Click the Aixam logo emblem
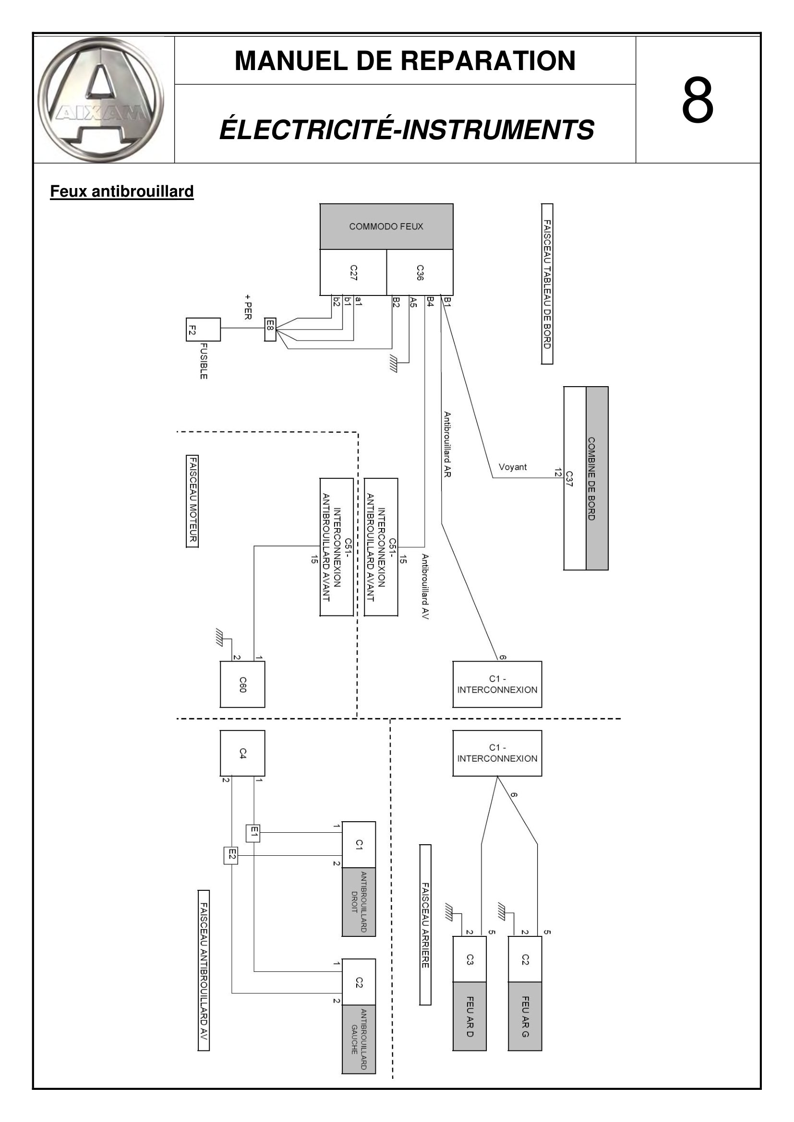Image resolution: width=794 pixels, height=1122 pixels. click(101, 100)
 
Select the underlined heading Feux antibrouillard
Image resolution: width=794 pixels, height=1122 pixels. click(122, 191)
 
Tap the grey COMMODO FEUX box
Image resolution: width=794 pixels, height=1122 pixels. click(386, 227)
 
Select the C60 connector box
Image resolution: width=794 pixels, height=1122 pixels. click(242, 684)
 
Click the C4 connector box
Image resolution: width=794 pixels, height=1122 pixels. click(242, 753)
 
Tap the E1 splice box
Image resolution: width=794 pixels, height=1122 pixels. click(253, 833)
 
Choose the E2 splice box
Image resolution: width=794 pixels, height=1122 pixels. click(231, 855)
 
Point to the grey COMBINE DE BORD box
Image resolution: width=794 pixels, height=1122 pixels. click(597, 478)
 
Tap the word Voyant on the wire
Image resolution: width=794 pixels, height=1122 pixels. click(512, 467)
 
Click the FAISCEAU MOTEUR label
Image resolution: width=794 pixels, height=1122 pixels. click(192, 501)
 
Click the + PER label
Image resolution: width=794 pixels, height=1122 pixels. click(248, 307)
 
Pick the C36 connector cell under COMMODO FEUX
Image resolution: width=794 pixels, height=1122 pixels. click(420, 272)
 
